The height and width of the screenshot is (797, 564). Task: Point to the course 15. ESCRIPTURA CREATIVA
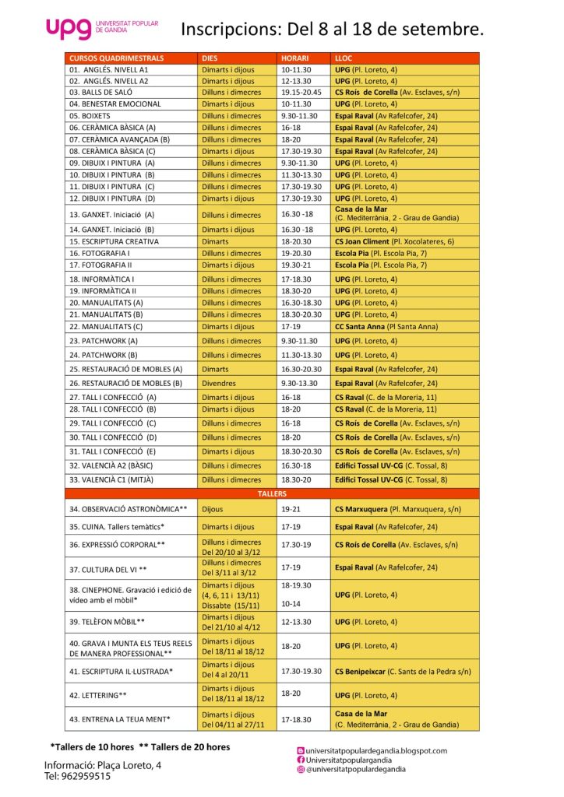[114, 241]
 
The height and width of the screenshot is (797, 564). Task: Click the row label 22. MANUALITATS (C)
[106, 327]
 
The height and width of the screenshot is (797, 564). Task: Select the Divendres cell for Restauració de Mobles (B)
[220, 383]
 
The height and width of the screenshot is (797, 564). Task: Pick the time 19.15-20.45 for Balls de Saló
[301, 92]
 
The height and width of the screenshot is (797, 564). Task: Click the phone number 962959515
[77, 776]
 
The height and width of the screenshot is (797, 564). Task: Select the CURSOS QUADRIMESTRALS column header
[116, 58]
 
